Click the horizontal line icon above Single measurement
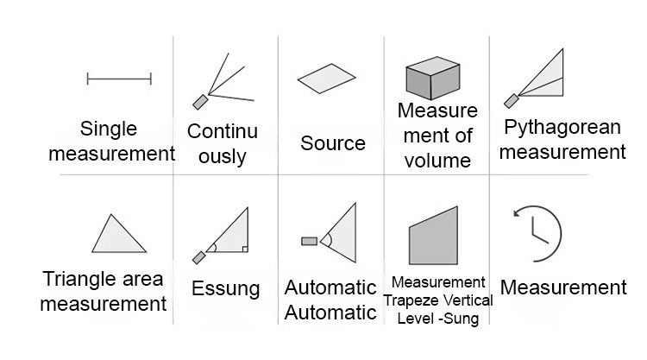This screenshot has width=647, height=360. coord(119,80)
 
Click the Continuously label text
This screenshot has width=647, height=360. coord(223,143)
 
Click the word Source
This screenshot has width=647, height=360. coord(333,142)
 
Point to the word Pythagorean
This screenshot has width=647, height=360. coord(563,128)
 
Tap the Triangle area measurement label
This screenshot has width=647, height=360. coord(104,291)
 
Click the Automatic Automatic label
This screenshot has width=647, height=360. coord(331,299)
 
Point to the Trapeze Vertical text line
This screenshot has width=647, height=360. coord(441,300)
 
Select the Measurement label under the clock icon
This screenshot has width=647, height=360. coord(562,287)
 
